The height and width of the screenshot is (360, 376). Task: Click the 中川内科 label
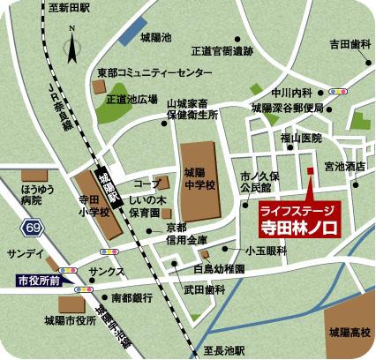(293, 92)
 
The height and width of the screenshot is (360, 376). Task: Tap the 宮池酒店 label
(345, 165)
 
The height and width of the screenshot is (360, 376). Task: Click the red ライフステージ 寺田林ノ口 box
(299, 218)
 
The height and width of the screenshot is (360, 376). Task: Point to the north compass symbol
(72, 43)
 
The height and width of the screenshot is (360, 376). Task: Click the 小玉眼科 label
(266, 251)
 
